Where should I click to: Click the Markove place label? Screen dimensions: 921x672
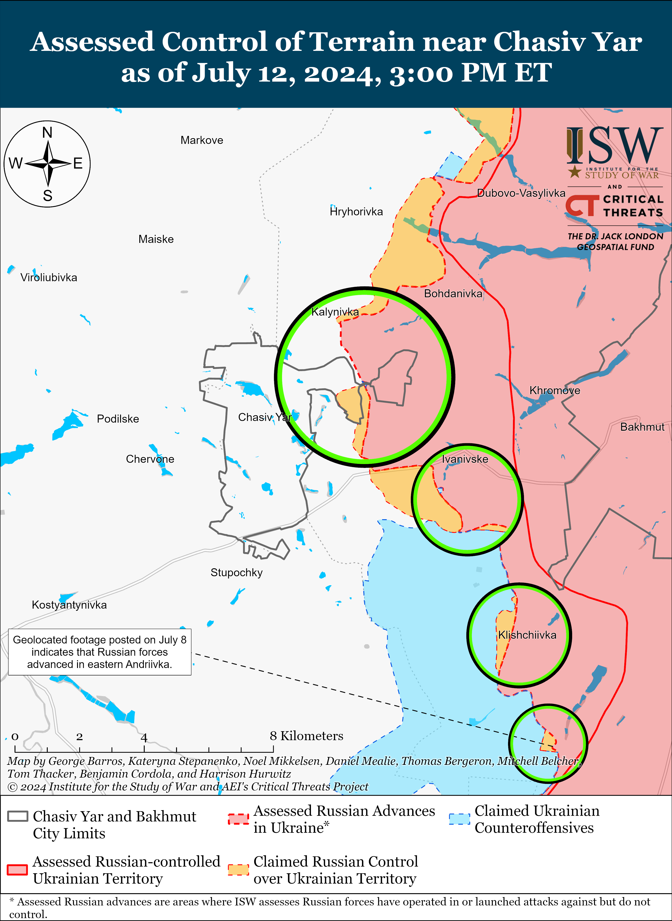pyautogui.click(x=202, y=141)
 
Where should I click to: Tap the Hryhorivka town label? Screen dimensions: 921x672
pyautogui.click(x=356, y=212)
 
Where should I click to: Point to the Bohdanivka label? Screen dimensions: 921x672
pyautogui.click(x=453, y=293)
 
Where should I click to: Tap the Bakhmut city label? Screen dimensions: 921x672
pyautogui.click(x=642, y=427)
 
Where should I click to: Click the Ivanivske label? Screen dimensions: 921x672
pyautogui.click(x=465, y=459)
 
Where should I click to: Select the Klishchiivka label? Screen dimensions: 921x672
pyautogui.click(x=527, y=635)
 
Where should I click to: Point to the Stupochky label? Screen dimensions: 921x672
pyautogui.click(x=236, y=573)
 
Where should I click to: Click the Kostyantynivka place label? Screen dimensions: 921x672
pyautogui.click(x=69, y=605)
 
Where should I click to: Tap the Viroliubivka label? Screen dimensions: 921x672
pyautogui.click(x=49, y=278)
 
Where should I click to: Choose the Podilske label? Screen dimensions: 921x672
pyautogui.click(x=118, y=419)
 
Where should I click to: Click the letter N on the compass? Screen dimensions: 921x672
pyautogui.click(x=47, y=133)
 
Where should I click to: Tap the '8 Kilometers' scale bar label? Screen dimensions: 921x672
pyautogui.click(x=306, y=736)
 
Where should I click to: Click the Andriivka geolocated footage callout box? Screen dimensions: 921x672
pyautogui.click(x=100, y=652)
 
